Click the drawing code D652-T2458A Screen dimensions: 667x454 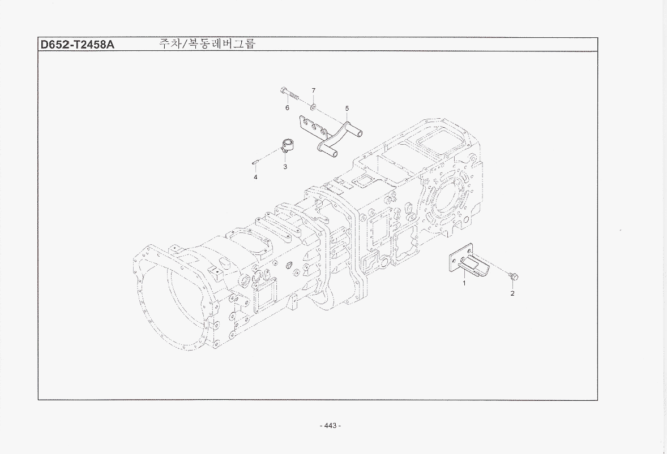tap(77, 44)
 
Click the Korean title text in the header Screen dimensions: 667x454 tap(207, 44)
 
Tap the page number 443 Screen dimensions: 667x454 tap(330, 425)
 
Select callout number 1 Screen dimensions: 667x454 tap(464, 283)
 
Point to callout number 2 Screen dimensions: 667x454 tap(512, 293)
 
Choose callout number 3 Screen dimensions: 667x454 tap(285, 167)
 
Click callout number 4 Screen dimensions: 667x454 tap(255, 177)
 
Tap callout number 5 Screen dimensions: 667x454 tap(347, 109)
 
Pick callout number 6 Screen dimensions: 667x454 tap(287, 108)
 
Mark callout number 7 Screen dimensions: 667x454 tap(314, 90)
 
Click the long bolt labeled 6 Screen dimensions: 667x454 tap(290, 94)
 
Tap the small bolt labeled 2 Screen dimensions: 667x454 tap(514, 277)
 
